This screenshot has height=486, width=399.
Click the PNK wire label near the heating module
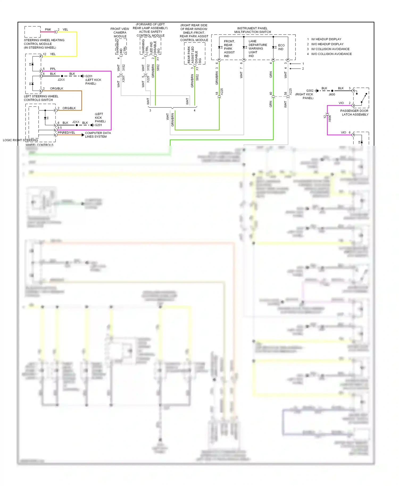(x=48, y=30)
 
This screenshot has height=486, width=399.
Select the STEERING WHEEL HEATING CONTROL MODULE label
(x=44, y=44)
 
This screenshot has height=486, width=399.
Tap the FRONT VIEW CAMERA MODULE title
(x=120, y=32)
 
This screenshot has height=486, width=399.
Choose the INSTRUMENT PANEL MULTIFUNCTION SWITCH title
(x=252, y=30)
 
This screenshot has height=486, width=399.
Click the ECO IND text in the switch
(x=281, y=47)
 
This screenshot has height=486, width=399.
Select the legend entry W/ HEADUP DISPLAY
(x=326, y=39)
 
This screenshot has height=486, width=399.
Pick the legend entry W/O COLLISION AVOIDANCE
(x=331, y=54)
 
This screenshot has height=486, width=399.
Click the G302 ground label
(x=310, y=91)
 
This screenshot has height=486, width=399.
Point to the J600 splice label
(x=332, y=94)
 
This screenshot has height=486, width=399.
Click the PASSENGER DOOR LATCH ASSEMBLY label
(x=355, y=113)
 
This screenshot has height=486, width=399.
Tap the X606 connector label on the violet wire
(x=330, y=118)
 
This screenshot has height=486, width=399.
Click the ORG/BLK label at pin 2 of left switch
(x=56, y=89)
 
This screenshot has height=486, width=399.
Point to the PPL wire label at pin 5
(x=53, y=69)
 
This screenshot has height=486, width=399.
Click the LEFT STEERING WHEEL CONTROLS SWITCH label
(x=41, y=98)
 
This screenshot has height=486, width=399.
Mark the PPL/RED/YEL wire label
(x=66, y=133)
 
